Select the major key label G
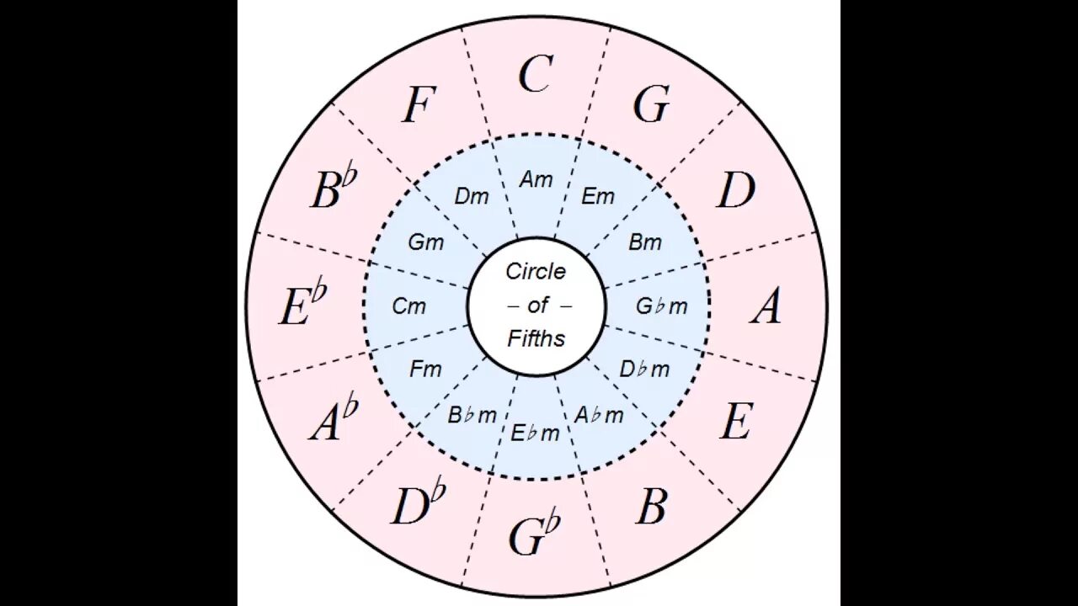[x=650, y=105]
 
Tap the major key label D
[x=735, y=192]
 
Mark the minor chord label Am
[x=536, y=179]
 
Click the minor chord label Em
[x=598, y=196]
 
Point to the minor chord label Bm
[x=645, y=242]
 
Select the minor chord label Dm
[x=472, y=197]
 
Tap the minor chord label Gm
[x=425, y=242]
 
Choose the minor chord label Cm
[x=409, y=306]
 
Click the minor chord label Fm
[x=425, y=369]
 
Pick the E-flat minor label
[x=536, y=433]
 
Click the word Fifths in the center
[x=536, y=338]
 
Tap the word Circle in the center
[x=536, y=272]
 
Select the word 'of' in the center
[x=537, y=306]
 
